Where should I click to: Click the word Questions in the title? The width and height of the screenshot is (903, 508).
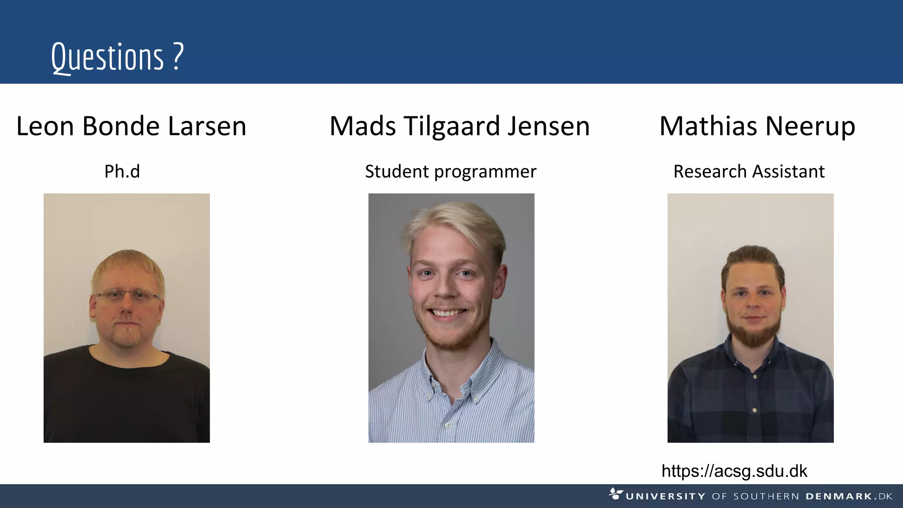(107, 57)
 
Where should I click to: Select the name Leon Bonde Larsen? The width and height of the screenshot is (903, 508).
(131, 126)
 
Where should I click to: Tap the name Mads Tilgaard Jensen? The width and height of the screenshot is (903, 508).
(459, 126)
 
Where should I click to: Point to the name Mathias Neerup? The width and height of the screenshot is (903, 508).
(757, 126)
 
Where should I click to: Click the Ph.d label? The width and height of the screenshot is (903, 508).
(122, 172)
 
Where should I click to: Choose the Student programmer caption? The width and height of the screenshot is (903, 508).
(451, 172)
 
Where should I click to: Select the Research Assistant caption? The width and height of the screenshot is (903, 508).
(749, 172)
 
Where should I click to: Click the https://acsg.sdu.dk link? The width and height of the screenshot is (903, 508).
(734, 471)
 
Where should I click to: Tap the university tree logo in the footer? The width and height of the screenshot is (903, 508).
(616, 493)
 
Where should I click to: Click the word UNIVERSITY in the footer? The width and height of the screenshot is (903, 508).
(665, 497)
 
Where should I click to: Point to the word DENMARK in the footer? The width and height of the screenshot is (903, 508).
(839, 497)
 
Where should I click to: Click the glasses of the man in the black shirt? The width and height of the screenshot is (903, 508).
(127, 295)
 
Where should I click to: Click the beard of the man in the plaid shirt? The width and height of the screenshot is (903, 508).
(754, 335)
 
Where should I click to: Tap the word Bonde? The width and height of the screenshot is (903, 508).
(121, 126)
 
